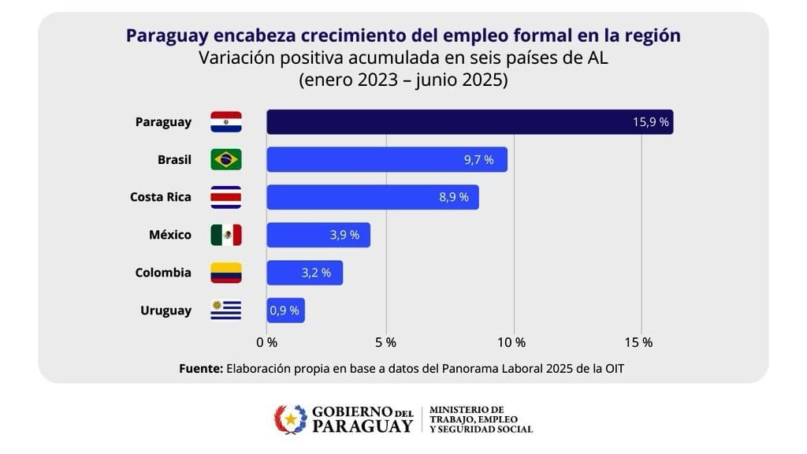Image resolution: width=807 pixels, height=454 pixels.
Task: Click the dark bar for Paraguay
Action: click(470, 122)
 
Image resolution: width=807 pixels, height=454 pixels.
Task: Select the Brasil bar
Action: click(386, 159)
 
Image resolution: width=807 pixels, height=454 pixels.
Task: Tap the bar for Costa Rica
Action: click(372, 197)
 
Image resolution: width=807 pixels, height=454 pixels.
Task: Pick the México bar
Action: click(318, 235)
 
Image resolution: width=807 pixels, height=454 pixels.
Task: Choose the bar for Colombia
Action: click(304, 273)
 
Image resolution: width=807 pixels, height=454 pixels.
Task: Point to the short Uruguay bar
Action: click(285, 311)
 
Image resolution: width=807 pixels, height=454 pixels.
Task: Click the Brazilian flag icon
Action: click(226, 159)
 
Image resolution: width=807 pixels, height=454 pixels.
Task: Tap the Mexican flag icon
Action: click(226, 235)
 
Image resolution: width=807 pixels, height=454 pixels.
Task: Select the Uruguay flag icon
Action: click(226, 311)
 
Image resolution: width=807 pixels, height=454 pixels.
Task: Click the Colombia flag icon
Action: click(226, 273)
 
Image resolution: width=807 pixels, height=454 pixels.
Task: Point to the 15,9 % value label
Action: click(650, 122)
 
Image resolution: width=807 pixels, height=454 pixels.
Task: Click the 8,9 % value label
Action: click(454, 197)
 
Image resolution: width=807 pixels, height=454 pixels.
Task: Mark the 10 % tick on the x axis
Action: click(512, 342)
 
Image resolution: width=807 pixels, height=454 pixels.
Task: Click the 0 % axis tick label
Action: click(267, 342)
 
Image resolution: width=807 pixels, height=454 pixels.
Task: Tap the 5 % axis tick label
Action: click(385, 342)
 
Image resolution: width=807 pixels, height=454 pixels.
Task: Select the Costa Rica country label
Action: click(161, 197)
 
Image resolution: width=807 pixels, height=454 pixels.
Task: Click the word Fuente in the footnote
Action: click(201, 368)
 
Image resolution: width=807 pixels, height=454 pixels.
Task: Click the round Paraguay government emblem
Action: click(290, 419)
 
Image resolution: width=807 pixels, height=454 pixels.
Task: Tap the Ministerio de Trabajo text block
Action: click(481, 419)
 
